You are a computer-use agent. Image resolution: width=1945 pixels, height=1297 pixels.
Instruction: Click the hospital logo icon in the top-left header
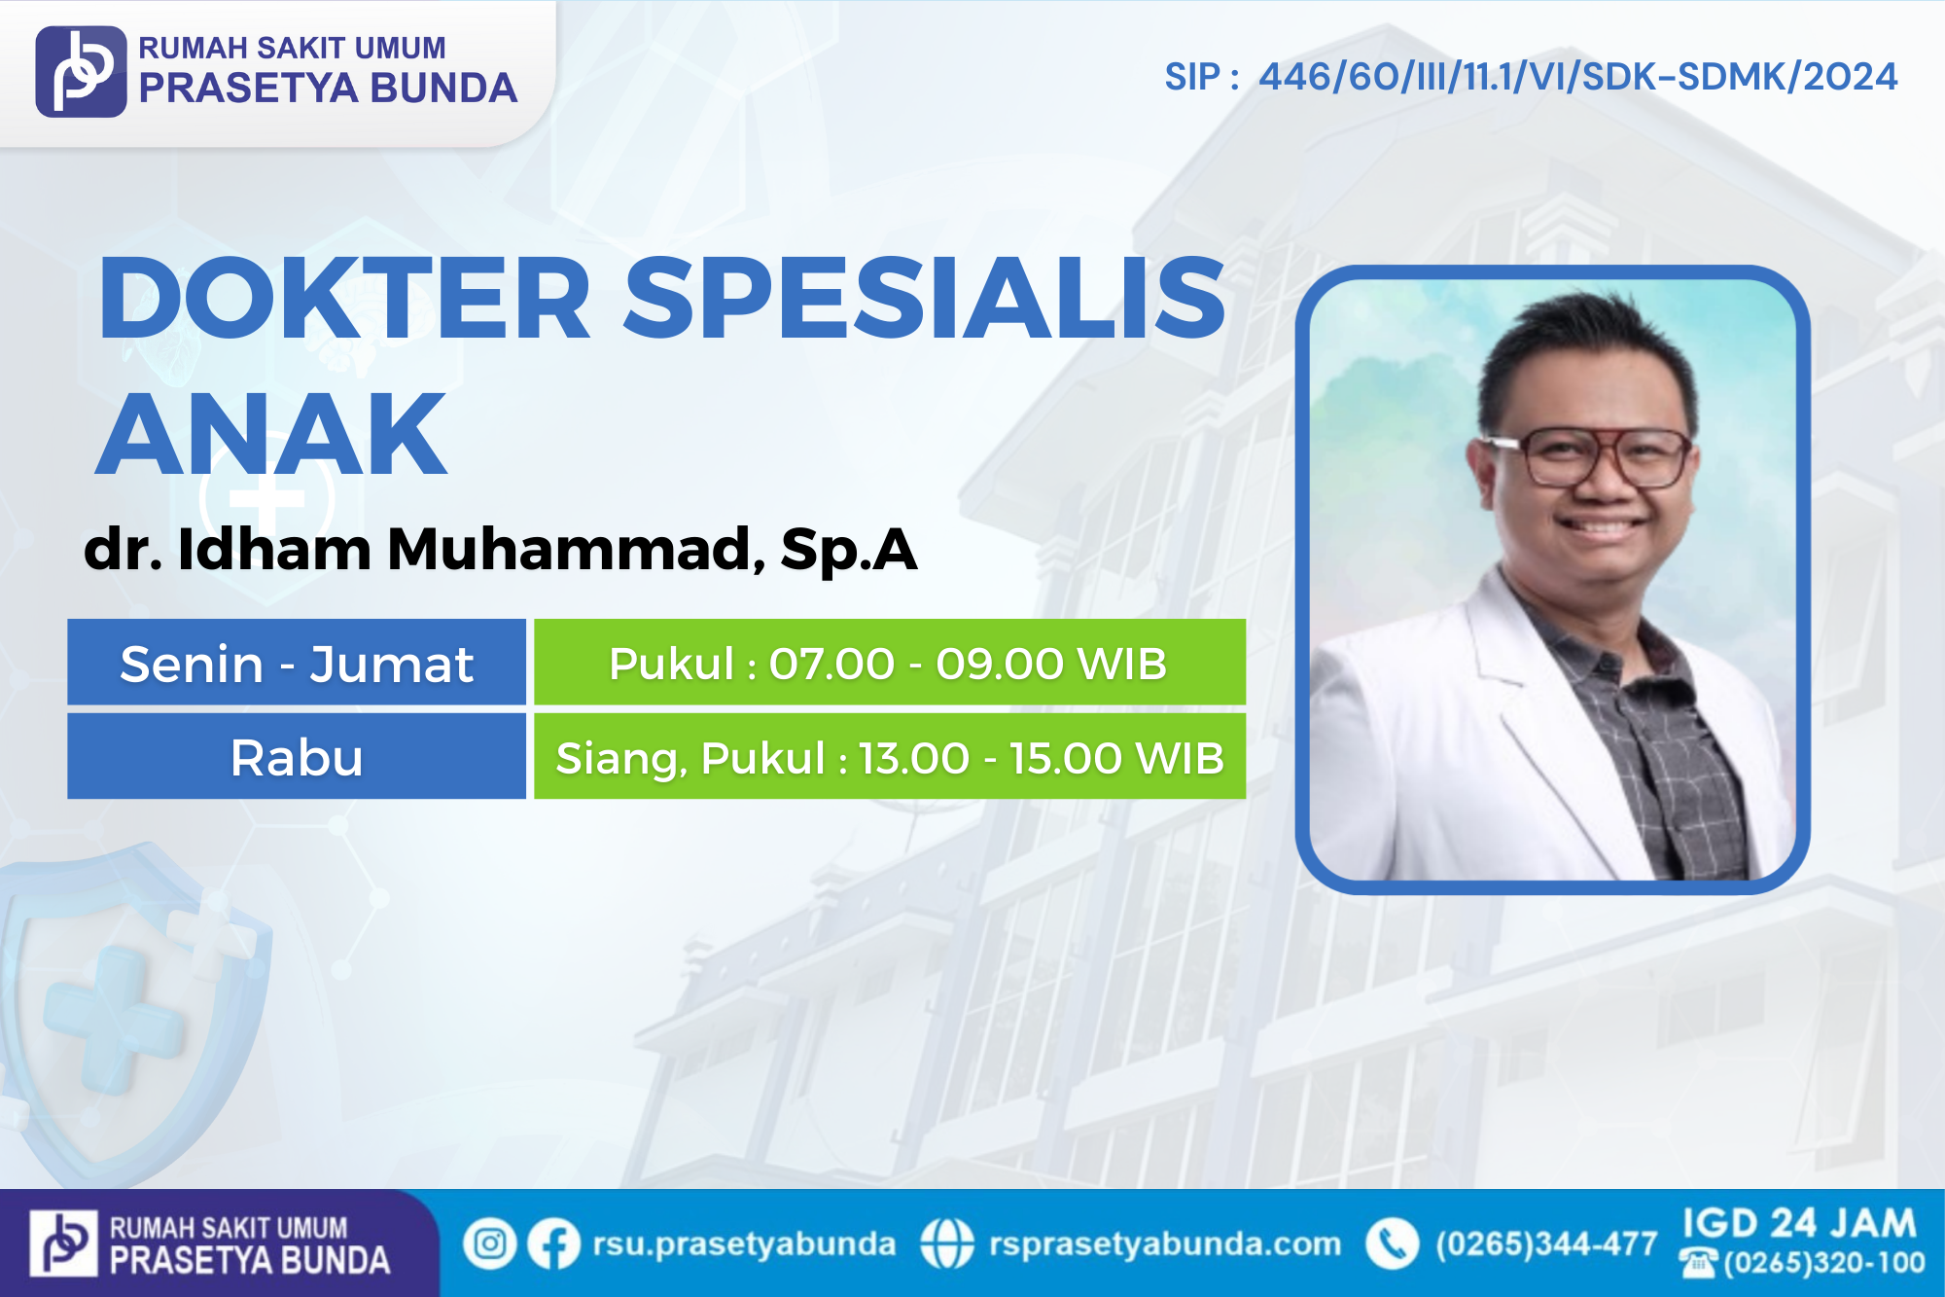(81, 71)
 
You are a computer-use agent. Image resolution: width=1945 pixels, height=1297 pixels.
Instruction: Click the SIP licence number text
(1531, 77)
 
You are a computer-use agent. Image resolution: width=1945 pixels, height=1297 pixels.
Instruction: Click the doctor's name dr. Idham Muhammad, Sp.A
(501, 549)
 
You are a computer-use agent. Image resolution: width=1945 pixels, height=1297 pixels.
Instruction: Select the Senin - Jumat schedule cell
(297, 662)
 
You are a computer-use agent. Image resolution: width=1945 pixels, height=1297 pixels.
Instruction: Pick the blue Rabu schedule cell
(297, 756)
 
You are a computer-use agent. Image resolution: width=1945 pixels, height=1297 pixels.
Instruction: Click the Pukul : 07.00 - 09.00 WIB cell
(890, 662)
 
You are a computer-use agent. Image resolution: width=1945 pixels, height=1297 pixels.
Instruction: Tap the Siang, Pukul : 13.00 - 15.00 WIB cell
(890, 756)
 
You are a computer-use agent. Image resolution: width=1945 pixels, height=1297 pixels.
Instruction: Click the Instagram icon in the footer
(489, 1243)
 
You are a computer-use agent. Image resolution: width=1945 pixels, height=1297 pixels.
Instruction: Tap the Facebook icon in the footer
(553, 1243)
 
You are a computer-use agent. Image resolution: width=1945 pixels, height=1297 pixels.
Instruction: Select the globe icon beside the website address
(946, 1243)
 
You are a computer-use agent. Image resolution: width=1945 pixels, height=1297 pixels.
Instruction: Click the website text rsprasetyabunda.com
(1165, 1244)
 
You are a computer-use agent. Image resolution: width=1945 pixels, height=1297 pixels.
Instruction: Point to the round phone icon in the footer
(1393, 1243)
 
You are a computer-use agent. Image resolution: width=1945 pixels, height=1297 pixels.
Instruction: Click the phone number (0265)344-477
(1546, 1243)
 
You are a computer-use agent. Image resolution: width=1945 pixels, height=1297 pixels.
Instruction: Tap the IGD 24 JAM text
(1799, 1223)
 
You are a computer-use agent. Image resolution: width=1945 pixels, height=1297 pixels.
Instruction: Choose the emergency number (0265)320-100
(1824, 1263)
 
